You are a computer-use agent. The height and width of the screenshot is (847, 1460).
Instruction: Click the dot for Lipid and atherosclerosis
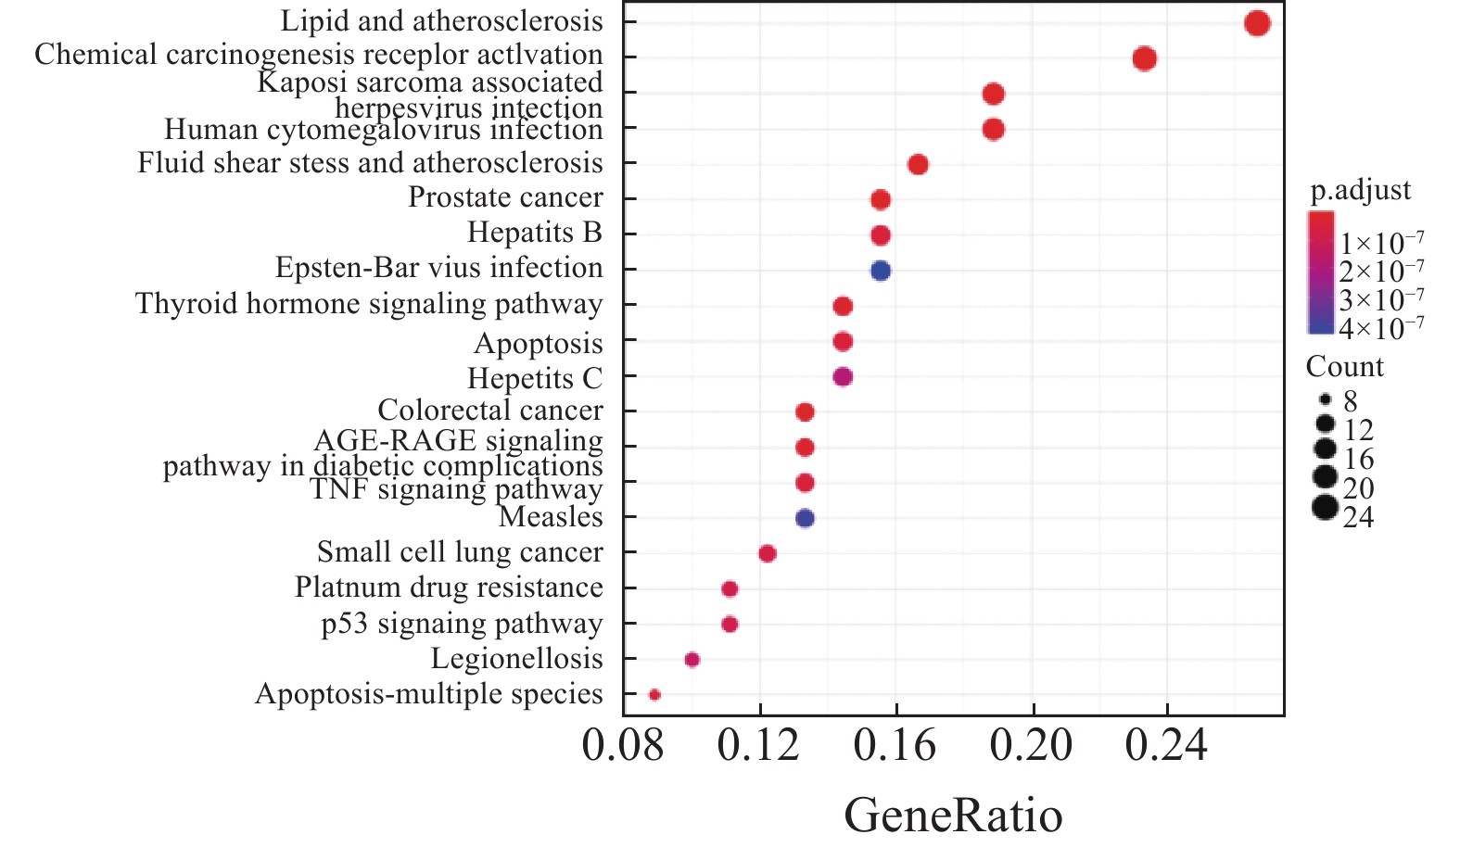(x=1257, y=23)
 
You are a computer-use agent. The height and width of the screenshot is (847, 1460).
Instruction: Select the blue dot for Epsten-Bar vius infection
(x=881, y=271)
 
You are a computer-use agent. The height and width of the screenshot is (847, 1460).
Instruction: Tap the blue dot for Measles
(x=805, y=518)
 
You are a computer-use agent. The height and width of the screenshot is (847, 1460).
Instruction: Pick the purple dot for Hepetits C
(x=843, y=377)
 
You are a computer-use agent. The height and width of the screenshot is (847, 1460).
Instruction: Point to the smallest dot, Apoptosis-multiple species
(x=654, y=694)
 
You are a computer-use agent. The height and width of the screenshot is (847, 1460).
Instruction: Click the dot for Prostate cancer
(x=881, y=199)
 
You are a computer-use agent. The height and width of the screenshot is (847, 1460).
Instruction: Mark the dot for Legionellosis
(x=692, y=660)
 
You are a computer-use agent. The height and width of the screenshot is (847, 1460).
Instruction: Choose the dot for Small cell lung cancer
(x=767, y=553)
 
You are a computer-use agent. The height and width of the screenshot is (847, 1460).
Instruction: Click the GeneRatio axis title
(x=953, y=815)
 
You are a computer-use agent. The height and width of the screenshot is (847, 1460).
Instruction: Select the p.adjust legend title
(x=1360, y=190)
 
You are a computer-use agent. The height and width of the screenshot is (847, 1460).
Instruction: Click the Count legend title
(x=1344, y=367)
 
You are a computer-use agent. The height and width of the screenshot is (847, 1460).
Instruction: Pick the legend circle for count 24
(x=1326, y=508)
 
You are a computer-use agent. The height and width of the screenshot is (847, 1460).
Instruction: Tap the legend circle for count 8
(x=1326, y=400)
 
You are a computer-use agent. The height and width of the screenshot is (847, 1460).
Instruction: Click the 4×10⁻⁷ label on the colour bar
(x=1381, y=328)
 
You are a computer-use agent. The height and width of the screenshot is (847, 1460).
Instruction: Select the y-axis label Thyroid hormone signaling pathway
(x=369, y=304)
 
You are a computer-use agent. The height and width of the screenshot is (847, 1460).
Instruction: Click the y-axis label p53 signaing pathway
(x=462, y=624)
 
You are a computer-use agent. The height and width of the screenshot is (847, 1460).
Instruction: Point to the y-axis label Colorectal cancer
(x=489, y=410)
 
